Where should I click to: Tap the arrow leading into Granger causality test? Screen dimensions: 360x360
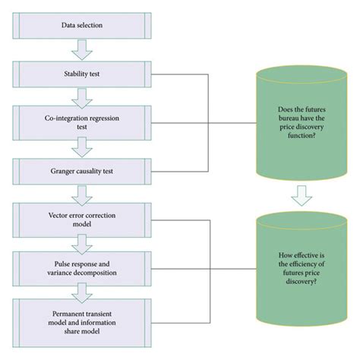(x=81, y=147)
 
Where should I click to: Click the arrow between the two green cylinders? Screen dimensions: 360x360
(x=301, y=195)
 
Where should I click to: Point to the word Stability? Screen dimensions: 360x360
(x=72, y=75)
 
